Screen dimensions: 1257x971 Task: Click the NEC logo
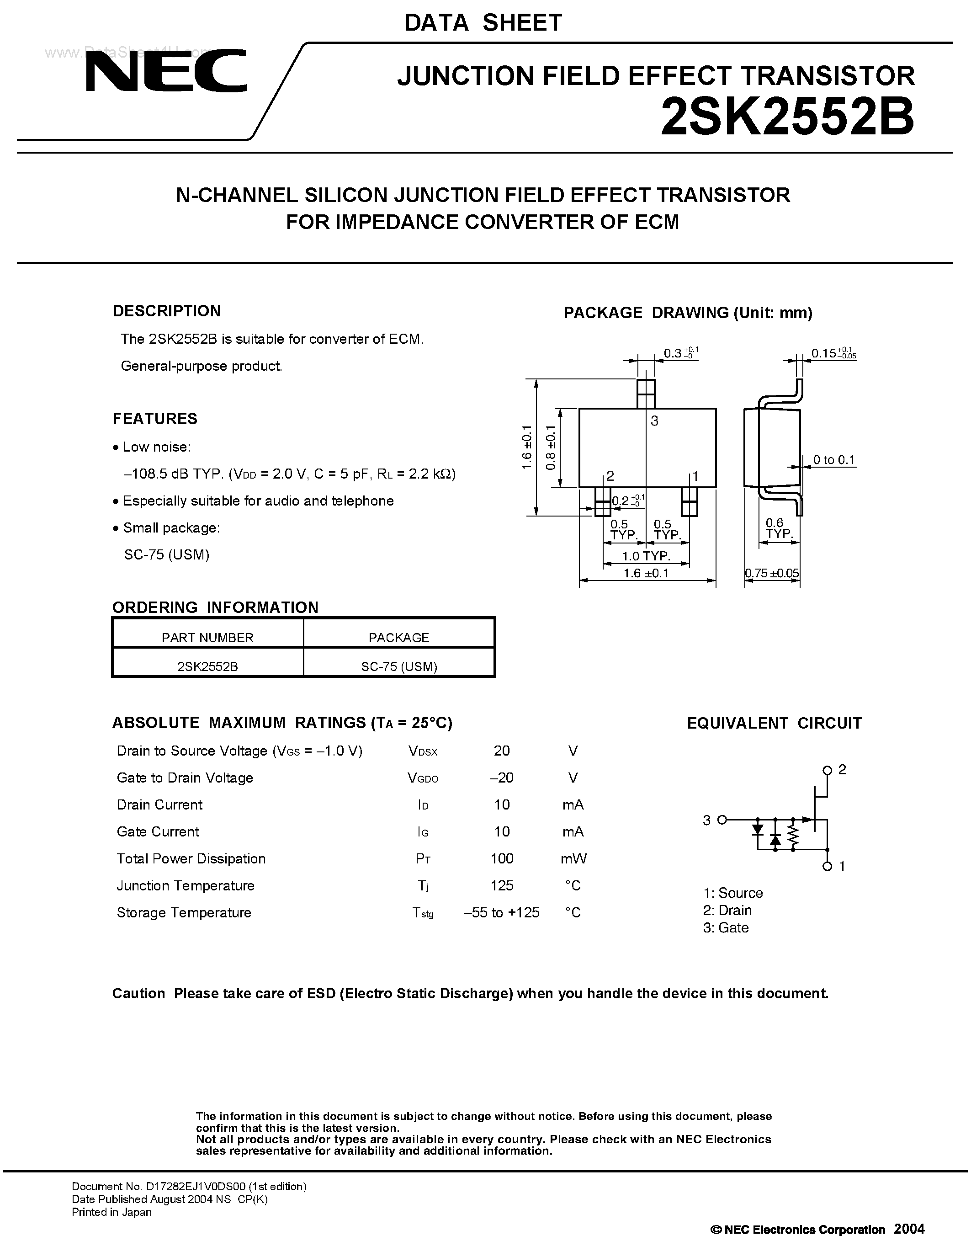tap(167, 71)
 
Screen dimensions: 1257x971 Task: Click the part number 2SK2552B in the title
tap(787, 118)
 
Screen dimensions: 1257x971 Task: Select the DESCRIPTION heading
tap(166, 311)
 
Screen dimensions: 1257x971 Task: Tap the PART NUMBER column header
tap(207, 638)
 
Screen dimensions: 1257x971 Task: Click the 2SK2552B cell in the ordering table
tap(207, 666)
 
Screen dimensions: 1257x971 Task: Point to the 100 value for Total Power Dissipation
tap(502, 859)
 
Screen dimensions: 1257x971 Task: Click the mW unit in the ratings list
tap(573, 859)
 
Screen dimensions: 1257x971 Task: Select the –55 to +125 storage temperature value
tap(502, 913)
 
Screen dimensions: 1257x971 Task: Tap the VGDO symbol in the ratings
tap(423, 778)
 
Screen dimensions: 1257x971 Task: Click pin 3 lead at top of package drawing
tap(646, 394)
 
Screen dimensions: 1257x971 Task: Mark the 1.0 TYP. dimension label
tap(646, 556)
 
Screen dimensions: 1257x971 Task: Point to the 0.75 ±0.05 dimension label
tap(772, 573)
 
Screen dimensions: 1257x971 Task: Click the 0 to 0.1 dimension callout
tap(833, 460)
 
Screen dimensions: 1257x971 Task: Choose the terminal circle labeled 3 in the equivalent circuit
tap(723, 820)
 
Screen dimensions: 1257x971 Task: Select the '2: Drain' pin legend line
tap(727, 910)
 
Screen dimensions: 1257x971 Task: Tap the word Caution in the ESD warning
tap(138, 993)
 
